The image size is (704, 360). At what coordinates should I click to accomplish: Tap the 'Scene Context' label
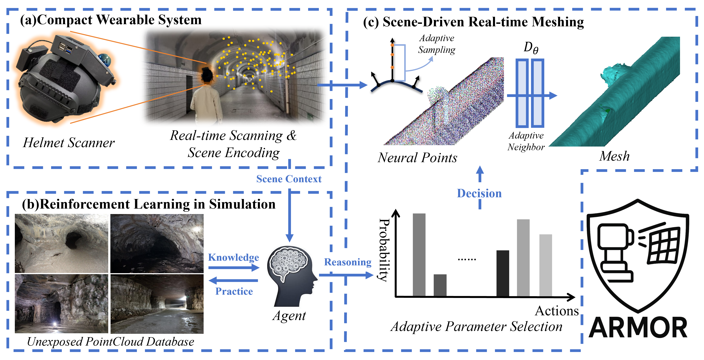coord(289,179)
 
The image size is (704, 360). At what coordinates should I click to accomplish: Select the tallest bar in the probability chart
coord(419,254)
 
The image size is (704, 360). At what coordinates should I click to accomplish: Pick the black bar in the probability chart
coord(502,273)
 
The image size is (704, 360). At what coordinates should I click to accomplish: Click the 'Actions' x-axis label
coord(556,311)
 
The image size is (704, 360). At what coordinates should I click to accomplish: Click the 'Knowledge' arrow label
coord(233,258)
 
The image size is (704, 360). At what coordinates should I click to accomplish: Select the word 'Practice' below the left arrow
coord(234,291)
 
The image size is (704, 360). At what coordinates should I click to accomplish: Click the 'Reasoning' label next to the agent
coord(348,262)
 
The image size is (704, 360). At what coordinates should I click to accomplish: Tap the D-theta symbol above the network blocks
coord(530,48)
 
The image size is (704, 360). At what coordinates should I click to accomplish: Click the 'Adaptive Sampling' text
coord(436,44)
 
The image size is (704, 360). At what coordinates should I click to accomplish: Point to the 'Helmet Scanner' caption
coord(69,143)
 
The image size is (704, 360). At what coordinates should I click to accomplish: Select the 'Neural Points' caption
coord(417,158)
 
